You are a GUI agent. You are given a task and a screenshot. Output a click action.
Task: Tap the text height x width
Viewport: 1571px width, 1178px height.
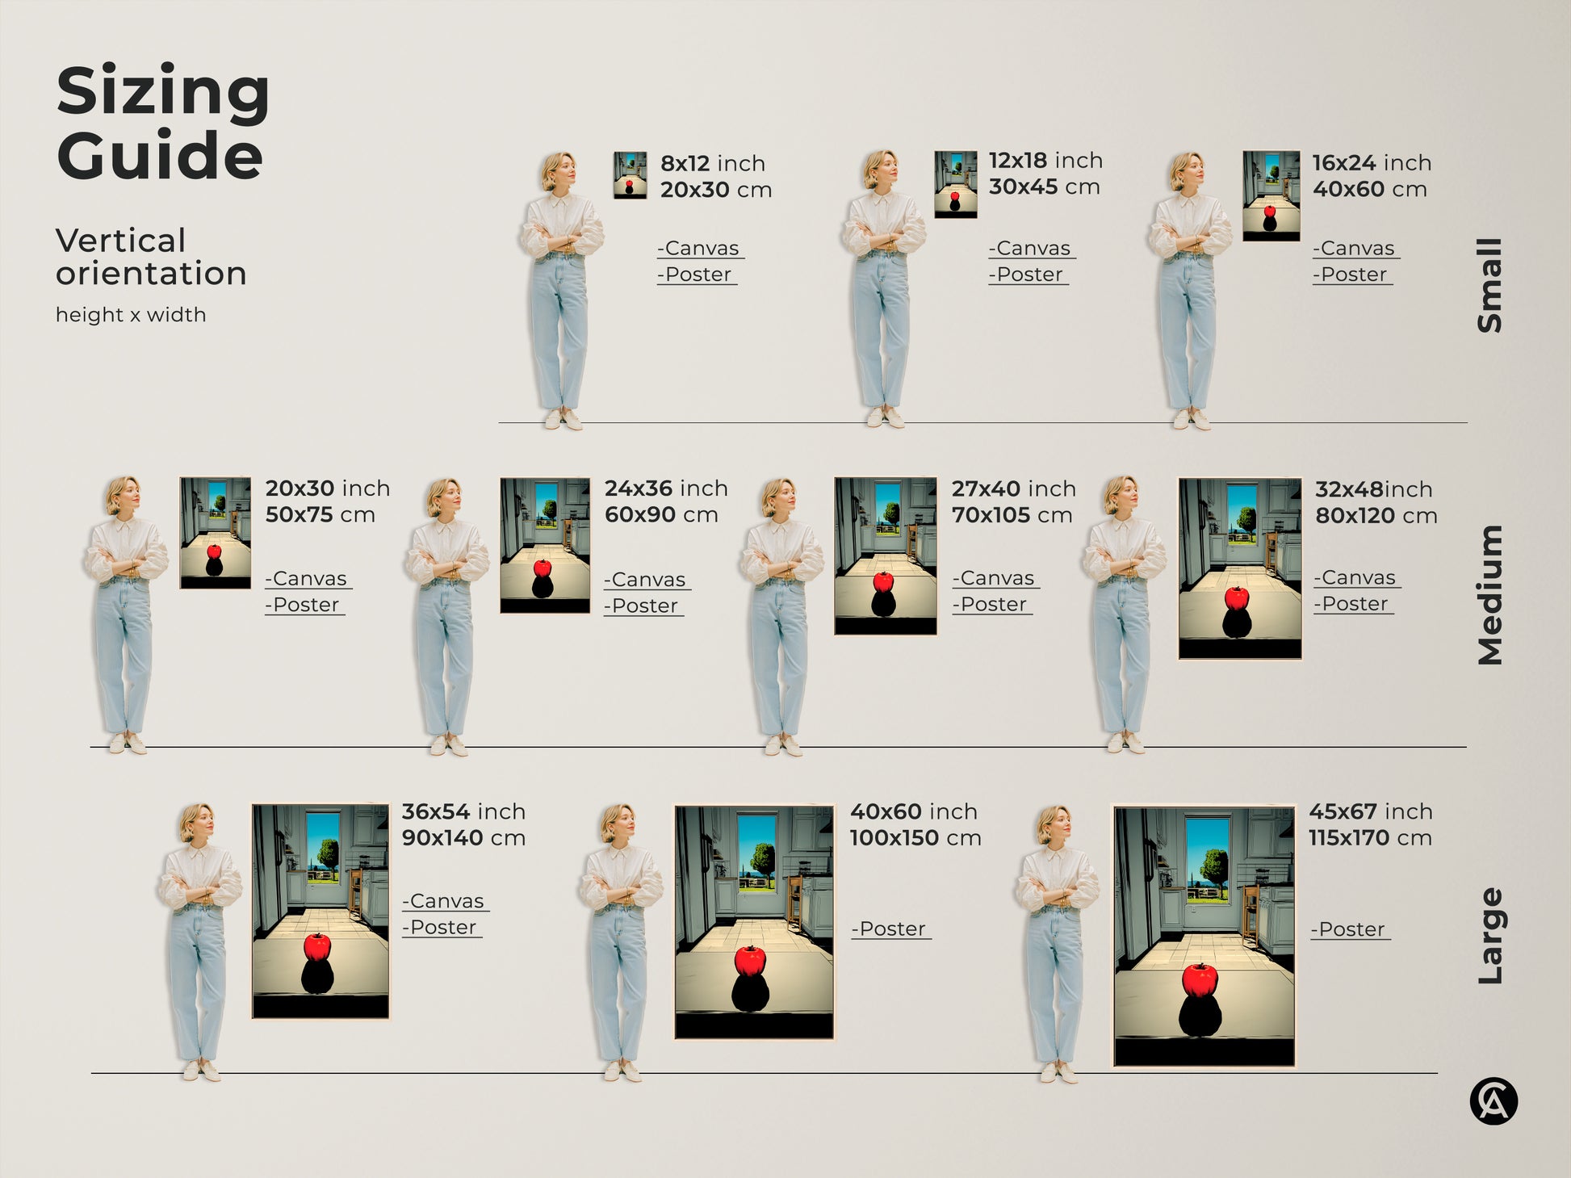(x=131, y=315)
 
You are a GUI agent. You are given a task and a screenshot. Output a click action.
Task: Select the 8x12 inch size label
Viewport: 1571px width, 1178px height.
(x=712, y=163)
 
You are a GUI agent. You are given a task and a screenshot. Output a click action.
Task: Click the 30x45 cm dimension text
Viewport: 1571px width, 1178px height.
(x=1044, y=187)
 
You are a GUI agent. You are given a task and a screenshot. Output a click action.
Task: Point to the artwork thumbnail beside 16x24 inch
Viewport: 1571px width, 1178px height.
(x=1271, y=196)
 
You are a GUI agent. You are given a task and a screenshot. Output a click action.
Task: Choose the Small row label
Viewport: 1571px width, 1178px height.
(x=1489, y=285)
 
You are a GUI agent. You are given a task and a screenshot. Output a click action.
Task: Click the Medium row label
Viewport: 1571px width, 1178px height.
(x=1489, y=595)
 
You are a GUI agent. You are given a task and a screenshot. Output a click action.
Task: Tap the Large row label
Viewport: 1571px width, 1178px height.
(x=1489, y=936)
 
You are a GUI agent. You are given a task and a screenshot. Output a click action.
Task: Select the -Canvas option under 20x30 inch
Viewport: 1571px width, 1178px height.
(x=308, y=579)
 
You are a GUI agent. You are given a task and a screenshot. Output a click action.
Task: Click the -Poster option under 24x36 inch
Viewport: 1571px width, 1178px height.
(x=643, y=606)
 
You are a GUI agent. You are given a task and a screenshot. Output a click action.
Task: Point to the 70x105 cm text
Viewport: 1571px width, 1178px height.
(x=1012, y=515)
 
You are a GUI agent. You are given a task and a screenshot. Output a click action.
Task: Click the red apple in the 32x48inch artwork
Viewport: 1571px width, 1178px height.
(x=1237, y=598)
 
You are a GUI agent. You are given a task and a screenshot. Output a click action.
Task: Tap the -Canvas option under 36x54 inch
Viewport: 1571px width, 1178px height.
(x=445, y=901)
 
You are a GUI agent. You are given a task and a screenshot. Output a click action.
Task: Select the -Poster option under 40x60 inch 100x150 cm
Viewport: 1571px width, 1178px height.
(x=890, y=929)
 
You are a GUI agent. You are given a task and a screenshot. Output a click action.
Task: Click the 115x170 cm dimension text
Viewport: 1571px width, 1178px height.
(x=1370, y=838)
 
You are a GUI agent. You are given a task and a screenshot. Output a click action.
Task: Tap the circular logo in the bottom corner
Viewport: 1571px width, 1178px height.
(x=1493, y=1101)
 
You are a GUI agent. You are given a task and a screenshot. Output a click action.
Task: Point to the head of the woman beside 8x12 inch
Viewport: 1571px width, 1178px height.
(x=558, y=170)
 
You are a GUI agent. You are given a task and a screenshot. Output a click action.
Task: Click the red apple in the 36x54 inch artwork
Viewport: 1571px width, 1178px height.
(x=317, y=946)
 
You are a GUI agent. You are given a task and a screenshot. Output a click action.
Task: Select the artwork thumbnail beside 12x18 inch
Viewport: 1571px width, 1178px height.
(x=955, y=184)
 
